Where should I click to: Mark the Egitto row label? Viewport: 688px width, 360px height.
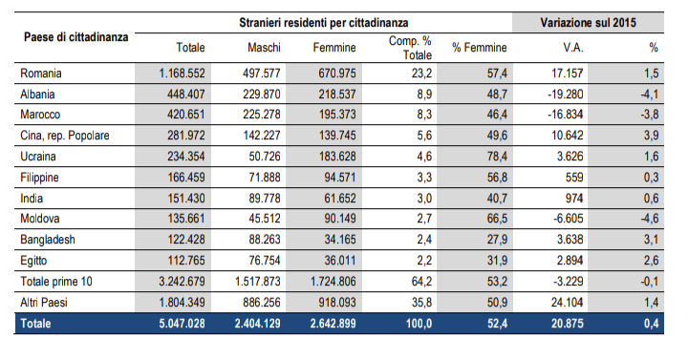pyautogui.click(x=36, y=261)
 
